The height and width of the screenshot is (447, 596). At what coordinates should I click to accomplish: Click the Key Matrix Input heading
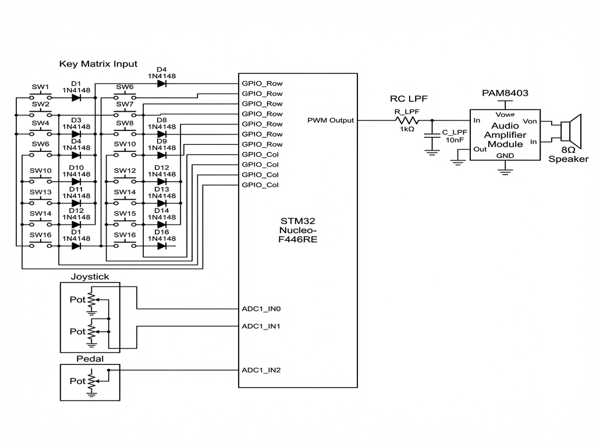[98, 63]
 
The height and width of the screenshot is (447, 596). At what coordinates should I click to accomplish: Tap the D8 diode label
[162, 120]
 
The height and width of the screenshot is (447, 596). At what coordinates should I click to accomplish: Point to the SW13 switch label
[41, 192]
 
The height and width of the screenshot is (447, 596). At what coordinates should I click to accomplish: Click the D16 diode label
[162, 232]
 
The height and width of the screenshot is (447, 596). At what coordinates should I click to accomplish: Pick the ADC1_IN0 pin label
[261, 308]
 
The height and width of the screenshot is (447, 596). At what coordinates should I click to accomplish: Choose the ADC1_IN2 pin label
[261, 370]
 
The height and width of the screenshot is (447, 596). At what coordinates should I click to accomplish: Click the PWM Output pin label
[331, 120]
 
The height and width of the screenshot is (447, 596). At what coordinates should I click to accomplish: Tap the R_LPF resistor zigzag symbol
[406, 120]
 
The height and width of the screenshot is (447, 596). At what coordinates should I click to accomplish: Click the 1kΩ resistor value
[407, 129]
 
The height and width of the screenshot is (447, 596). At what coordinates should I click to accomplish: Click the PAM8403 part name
[505, 93]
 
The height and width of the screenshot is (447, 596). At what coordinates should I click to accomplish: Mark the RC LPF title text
[409, 98]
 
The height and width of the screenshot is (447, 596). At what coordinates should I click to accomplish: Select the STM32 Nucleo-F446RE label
[298, 230]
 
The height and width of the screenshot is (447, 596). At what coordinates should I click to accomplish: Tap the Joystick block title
[90, 277]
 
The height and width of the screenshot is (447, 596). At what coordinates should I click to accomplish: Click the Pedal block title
[90, 359]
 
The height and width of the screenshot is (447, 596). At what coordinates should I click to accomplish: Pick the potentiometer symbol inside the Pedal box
[91, 381]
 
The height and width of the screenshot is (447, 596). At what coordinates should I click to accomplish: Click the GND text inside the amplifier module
[505, 155]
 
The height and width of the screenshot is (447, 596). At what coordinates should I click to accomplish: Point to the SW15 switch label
[125, 214]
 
